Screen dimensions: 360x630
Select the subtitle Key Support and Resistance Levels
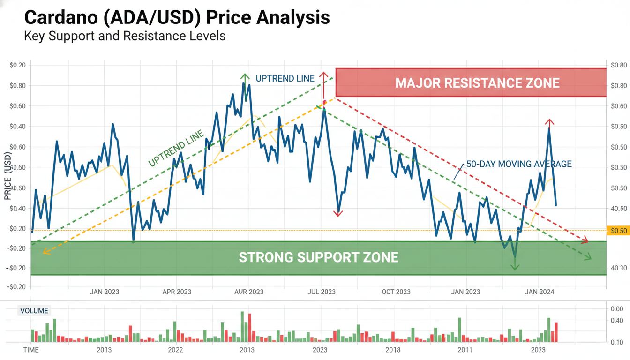pyautogui.click(x=125, y=36)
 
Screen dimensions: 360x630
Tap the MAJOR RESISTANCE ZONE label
pyautogui.click(x=477, y=83)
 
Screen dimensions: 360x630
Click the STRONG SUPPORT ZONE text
pyautogui.click(x=318, y=257)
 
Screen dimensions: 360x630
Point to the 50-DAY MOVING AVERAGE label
pyautogui.click(x=519, y=164)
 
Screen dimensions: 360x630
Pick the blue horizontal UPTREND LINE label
pyautogui.click(x=285, y=78)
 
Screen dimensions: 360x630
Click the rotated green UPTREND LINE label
pyautogui.click(x=176, y=149)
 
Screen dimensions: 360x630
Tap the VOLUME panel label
pyautogui.click(x=34, y=311)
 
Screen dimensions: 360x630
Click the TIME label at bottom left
pyautogui.click(x=31, y=350)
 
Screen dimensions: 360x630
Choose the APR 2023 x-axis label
pyautogui.click(x=177, y=292)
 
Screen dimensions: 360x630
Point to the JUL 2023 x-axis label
pyautogui.click(x=321, y=292)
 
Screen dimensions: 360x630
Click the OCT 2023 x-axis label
pyautogui.click(x=396, y=292)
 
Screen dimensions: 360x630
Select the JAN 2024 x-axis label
pyautogui.click(x=539, y=292)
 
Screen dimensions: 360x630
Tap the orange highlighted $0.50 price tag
pyautogui.click(x=618, y=231)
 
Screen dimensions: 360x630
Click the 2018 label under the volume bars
pyautogui.click(x=393, y=350)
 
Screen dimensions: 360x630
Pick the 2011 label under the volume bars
pyautogui.click(x=465, y=350)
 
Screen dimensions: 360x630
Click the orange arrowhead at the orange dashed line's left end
pyautogui.click(x=45, y=252)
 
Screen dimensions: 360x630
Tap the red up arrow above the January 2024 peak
pyautogui.click(x=549, y=122)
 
